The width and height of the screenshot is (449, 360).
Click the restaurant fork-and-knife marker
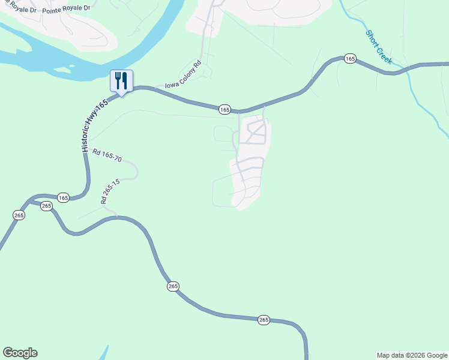[x=121, y=81]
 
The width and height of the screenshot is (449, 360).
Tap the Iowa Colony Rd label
[x=182, y=76]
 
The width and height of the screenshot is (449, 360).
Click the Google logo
[x=20, y=353]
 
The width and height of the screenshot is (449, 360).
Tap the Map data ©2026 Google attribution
[x=412, y=355]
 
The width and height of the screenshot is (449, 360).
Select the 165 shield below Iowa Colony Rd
[x=224, y=109]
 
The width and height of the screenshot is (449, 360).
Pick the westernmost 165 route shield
[x=64, y=197]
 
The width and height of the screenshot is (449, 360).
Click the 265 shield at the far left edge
[x=19, y=215]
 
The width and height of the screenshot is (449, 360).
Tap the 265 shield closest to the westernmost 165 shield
[x=47, y=206]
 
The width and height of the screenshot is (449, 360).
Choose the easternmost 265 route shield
[x=264, y=320]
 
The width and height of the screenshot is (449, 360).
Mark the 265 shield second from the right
[x=173, y=287]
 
